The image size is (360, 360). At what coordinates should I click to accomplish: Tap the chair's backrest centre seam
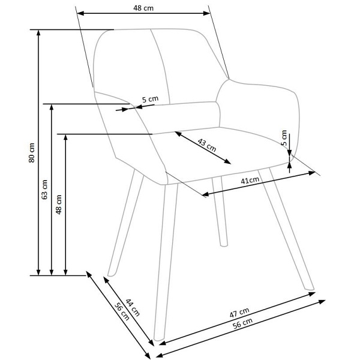158,66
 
